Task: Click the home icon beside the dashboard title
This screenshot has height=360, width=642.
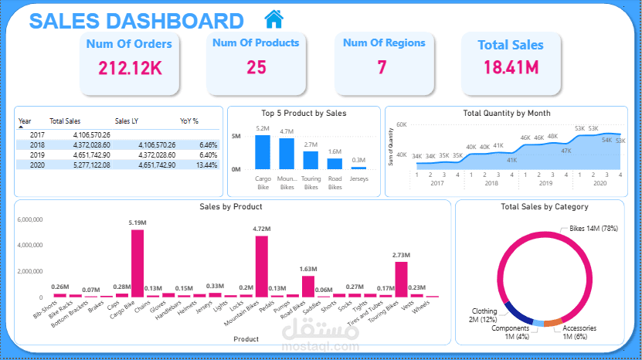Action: coord(273,18)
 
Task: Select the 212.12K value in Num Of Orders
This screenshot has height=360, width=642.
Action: coord(129,68)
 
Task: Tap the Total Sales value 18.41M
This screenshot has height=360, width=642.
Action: coord(510,68)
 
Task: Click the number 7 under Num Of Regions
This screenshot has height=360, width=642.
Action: coord(382,68)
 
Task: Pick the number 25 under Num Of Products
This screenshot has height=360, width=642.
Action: coord(256,68)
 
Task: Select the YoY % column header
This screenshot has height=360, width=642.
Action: coord(189,121)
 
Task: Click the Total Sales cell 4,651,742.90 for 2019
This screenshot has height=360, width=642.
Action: coord(71,155)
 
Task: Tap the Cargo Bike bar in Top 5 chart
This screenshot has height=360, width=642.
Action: coord(263,152)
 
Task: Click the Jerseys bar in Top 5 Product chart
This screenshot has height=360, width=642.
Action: coord(358,167)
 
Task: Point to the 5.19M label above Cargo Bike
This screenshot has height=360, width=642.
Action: coord(138,222)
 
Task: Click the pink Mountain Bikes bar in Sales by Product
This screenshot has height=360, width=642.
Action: coord(262,267)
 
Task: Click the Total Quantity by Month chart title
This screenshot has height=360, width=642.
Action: coord(506,114)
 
